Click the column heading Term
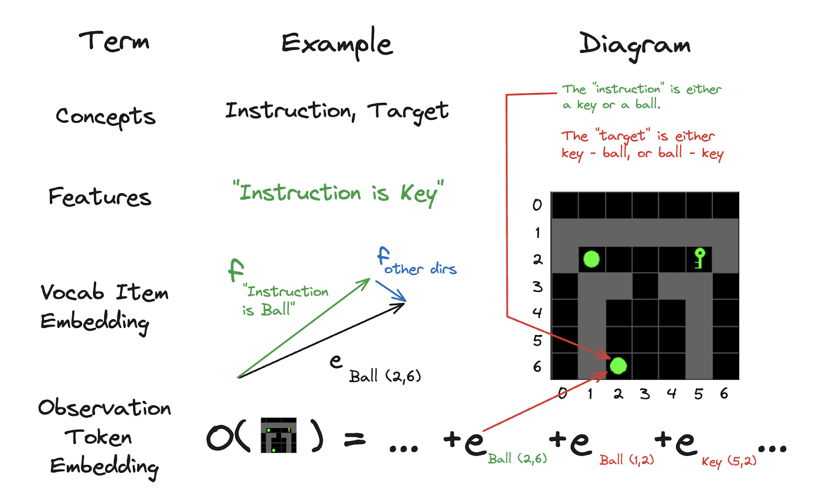tap(114, 41)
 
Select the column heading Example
tap(337, 43)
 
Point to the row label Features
tap(100, 197)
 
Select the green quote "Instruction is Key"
tap(338, 193)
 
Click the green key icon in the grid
tap(699, 258)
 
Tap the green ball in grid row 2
tap(591, 259)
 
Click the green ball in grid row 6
tap(618, 366)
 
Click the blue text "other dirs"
tap(420, 269)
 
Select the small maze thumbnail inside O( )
tap(278, 435)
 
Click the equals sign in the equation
tap(354, 439)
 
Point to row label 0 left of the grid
tap(537, 205)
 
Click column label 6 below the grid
tap(724, 394)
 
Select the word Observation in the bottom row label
tap(104, 408)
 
